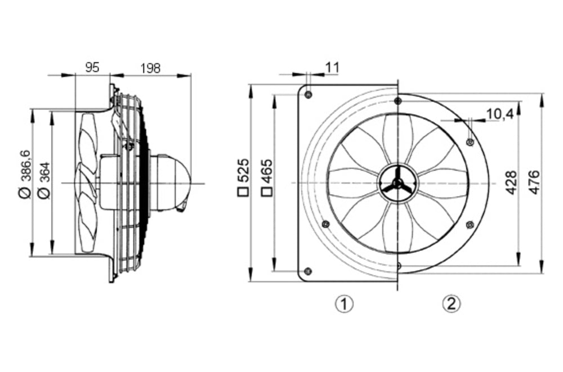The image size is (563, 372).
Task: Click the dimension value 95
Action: (x=92, y=68)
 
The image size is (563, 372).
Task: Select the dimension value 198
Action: (x=150, y=68)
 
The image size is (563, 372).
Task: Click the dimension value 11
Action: (x=332, y=68)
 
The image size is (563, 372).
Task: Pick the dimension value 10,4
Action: (x=499, y=114)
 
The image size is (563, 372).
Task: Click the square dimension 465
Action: (x=267, y=178)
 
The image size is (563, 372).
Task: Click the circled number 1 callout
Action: (x=344, y=304)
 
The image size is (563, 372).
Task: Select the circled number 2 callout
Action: (x=452, y=304)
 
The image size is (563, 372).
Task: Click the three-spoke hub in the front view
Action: (x=397, y=183)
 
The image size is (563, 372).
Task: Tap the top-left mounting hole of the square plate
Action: (x=308, y=95)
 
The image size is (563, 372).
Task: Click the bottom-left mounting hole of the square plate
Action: (x=307, y=271)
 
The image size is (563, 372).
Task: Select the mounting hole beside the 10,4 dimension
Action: (x=470, y=141)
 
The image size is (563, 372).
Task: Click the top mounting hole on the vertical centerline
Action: (x=398, y=101)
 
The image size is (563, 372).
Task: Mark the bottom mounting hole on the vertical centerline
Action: (x=398, y=265)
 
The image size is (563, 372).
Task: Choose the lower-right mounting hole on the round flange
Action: (x=470, y=225)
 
